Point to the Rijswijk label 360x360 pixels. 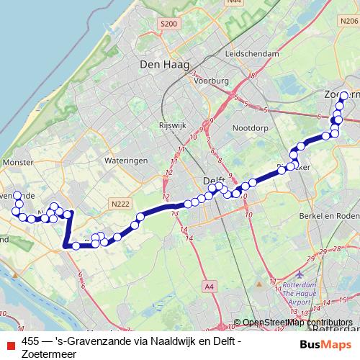[x=173, y=125]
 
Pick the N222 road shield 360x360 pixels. [x=120, y=205]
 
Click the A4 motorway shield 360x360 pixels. [x=209, y=287]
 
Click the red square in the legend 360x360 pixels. [x=10, y=343]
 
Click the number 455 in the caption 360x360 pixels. [x=31, y=342]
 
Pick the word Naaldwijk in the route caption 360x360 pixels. [x=158, y=342]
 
